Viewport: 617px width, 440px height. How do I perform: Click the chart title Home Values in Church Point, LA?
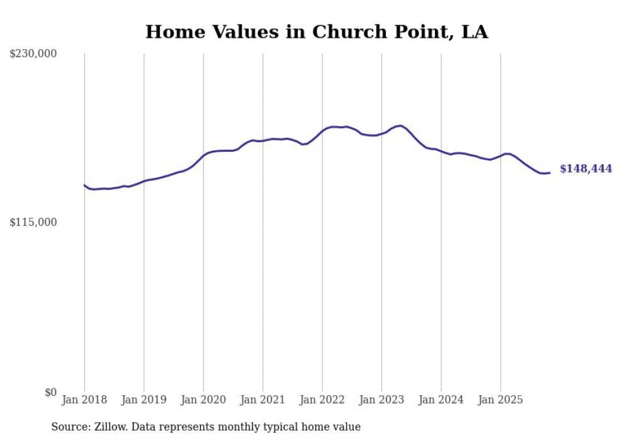click(317, 31)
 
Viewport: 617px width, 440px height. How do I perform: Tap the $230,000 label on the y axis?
click(33, 54)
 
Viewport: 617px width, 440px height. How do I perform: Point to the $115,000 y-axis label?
click(33, 222)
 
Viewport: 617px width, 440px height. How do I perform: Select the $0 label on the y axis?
click(50, 392)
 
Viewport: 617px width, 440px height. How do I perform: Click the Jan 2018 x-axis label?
click(84, 400)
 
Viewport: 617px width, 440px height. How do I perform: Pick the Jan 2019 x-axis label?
click(144, 400)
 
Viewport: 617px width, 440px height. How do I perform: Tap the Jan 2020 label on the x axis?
click(203, 400)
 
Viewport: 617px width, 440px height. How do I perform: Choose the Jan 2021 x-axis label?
click(263, 400)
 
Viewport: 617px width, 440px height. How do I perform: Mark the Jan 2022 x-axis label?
click(322, 400)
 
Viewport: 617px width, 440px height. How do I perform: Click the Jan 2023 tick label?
click(382, 400)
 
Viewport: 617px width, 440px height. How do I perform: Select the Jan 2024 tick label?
click(441, 400)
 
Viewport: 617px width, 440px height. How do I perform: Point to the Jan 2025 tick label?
click(501, 400)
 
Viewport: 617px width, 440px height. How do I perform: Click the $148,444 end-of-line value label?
click(586, 169)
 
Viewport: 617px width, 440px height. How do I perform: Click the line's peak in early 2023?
click(399, 126)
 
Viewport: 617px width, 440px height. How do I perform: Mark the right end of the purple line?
click(550, 172)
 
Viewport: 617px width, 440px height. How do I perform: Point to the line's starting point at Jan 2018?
click(84, 185)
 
